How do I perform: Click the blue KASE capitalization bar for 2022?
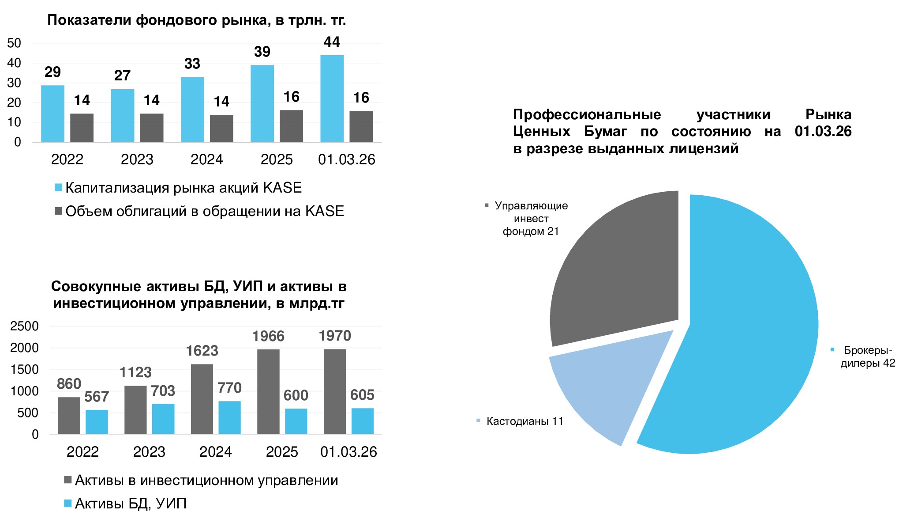(x=52, y=114)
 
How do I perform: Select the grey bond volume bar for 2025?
(x=291, y=126)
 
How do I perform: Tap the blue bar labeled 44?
(x=332, y=99)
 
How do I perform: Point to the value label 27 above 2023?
(x=122, y=76)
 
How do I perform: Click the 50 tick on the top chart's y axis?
(x=14, y=43)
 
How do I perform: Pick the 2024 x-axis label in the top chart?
(x=206, y=159)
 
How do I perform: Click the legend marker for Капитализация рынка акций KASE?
(x=58, y=187)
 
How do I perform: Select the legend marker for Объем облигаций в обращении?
(x=58, y=211)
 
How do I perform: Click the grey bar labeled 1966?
(x=268, y=391)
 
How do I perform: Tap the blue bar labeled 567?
(x=97, y=422)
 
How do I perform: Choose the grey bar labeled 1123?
(x=135, y=409)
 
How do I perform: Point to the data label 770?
(x=229, y=388)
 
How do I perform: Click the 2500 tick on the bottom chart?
(x=25, y=326)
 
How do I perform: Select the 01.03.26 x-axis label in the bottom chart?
(x=348, y=452)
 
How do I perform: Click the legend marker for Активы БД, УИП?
(x=67, y=503)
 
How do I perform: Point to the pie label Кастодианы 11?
(x=524, y=421)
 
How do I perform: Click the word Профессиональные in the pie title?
(x=587, y=115)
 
